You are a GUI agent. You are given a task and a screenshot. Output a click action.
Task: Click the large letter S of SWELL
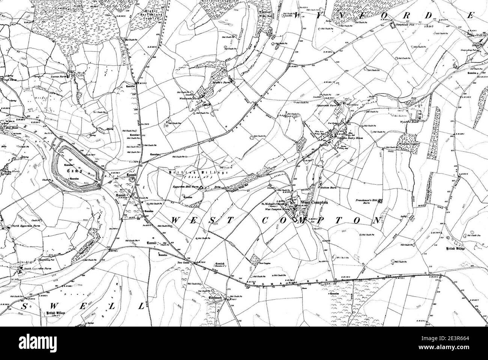tap(25, 306)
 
